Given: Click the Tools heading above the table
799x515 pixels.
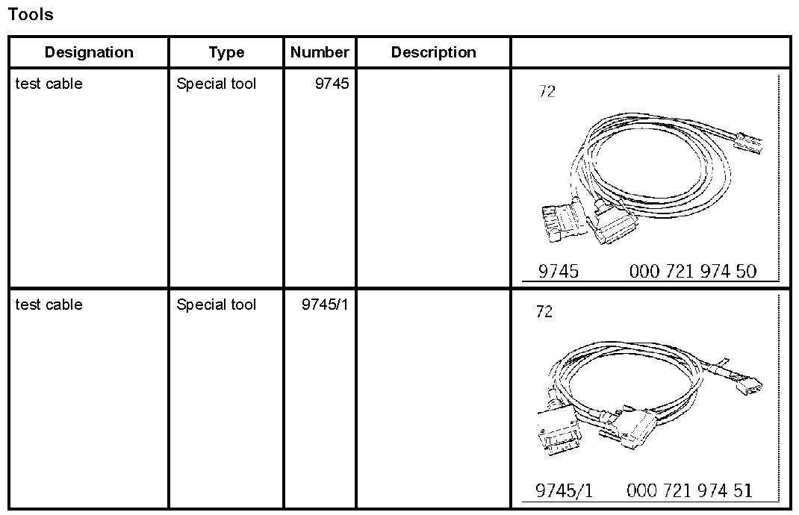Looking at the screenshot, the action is [x=31, y=14].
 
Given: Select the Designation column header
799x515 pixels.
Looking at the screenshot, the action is [x=89, y=52].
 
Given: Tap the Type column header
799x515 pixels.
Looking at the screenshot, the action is [x=226, y=52].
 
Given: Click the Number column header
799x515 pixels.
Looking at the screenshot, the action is [x=320, y=52].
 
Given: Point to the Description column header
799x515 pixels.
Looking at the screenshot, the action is [x=433, y=52].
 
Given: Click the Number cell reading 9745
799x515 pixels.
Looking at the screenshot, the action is [x=332, y=84].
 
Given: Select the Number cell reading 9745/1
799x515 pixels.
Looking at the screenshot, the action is [x=325, y=305].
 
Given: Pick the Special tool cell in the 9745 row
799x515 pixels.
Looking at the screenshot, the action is [x=216, y=84].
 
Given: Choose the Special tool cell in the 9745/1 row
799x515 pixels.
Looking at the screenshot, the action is [x=216, y=305].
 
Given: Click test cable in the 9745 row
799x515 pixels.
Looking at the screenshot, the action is [x=49, y=84].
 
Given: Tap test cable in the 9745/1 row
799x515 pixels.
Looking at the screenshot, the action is [x=49, y=305].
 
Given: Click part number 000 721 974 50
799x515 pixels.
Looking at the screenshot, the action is [x=693, y=272].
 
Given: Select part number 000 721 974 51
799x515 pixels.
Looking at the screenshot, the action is [x=690, y=490].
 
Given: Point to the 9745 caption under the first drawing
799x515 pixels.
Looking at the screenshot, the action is [x=559, y=272].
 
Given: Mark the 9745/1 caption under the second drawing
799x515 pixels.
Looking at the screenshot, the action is [x=565, y=490].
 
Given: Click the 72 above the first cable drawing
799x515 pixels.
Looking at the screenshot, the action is [x=547, y=93].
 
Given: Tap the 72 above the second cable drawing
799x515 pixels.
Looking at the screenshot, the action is [x=544, y=312].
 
